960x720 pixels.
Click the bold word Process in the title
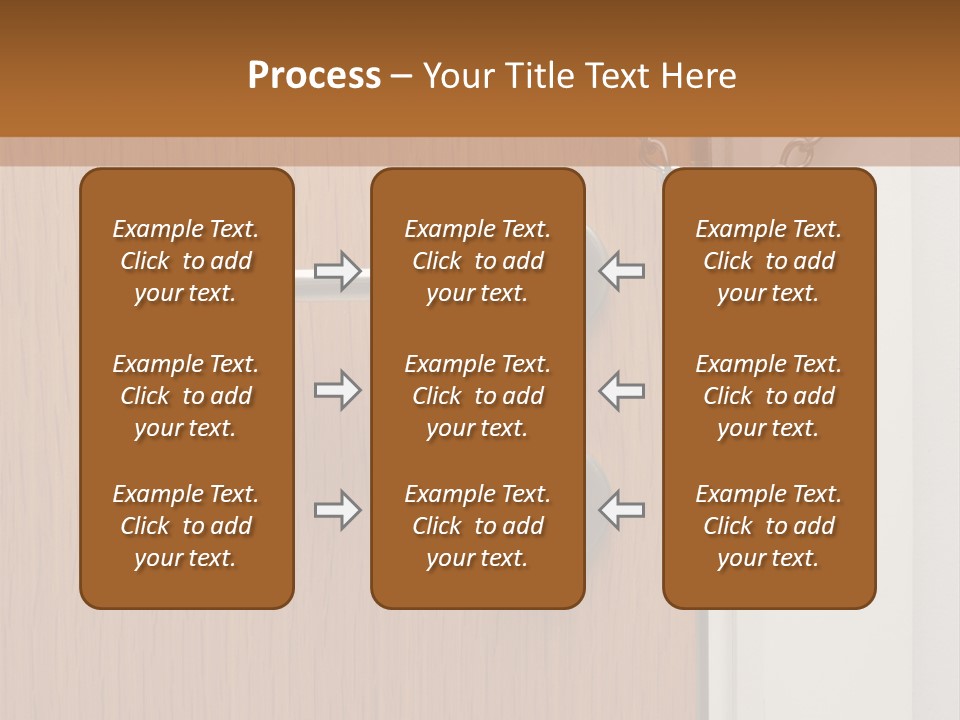coord(314,76)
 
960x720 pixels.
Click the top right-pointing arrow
coord(337,270)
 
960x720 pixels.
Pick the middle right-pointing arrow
coord(337,390)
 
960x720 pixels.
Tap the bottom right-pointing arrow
coord(337,510)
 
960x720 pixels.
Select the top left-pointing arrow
coord(622,270)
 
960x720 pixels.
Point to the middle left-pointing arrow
coord(622,390)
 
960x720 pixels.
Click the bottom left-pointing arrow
coord(622,510)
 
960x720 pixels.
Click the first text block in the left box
coord(186,261)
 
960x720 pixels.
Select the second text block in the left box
coord(186,396)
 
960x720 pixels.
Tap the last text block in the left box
coord(186,526)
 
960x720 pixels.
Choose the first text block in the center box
coord(477,261)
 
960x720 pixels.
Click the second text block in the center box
coord(477,396)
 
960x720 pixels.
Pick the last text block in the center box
coord(477,526)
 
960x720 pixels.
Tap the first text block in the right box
coord(768,261)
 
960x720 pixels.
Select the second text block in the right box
coord(768,396)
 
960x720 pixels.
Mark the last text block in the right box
coord(768,526)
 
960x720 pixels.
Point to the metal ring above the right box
coord(797,153)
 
